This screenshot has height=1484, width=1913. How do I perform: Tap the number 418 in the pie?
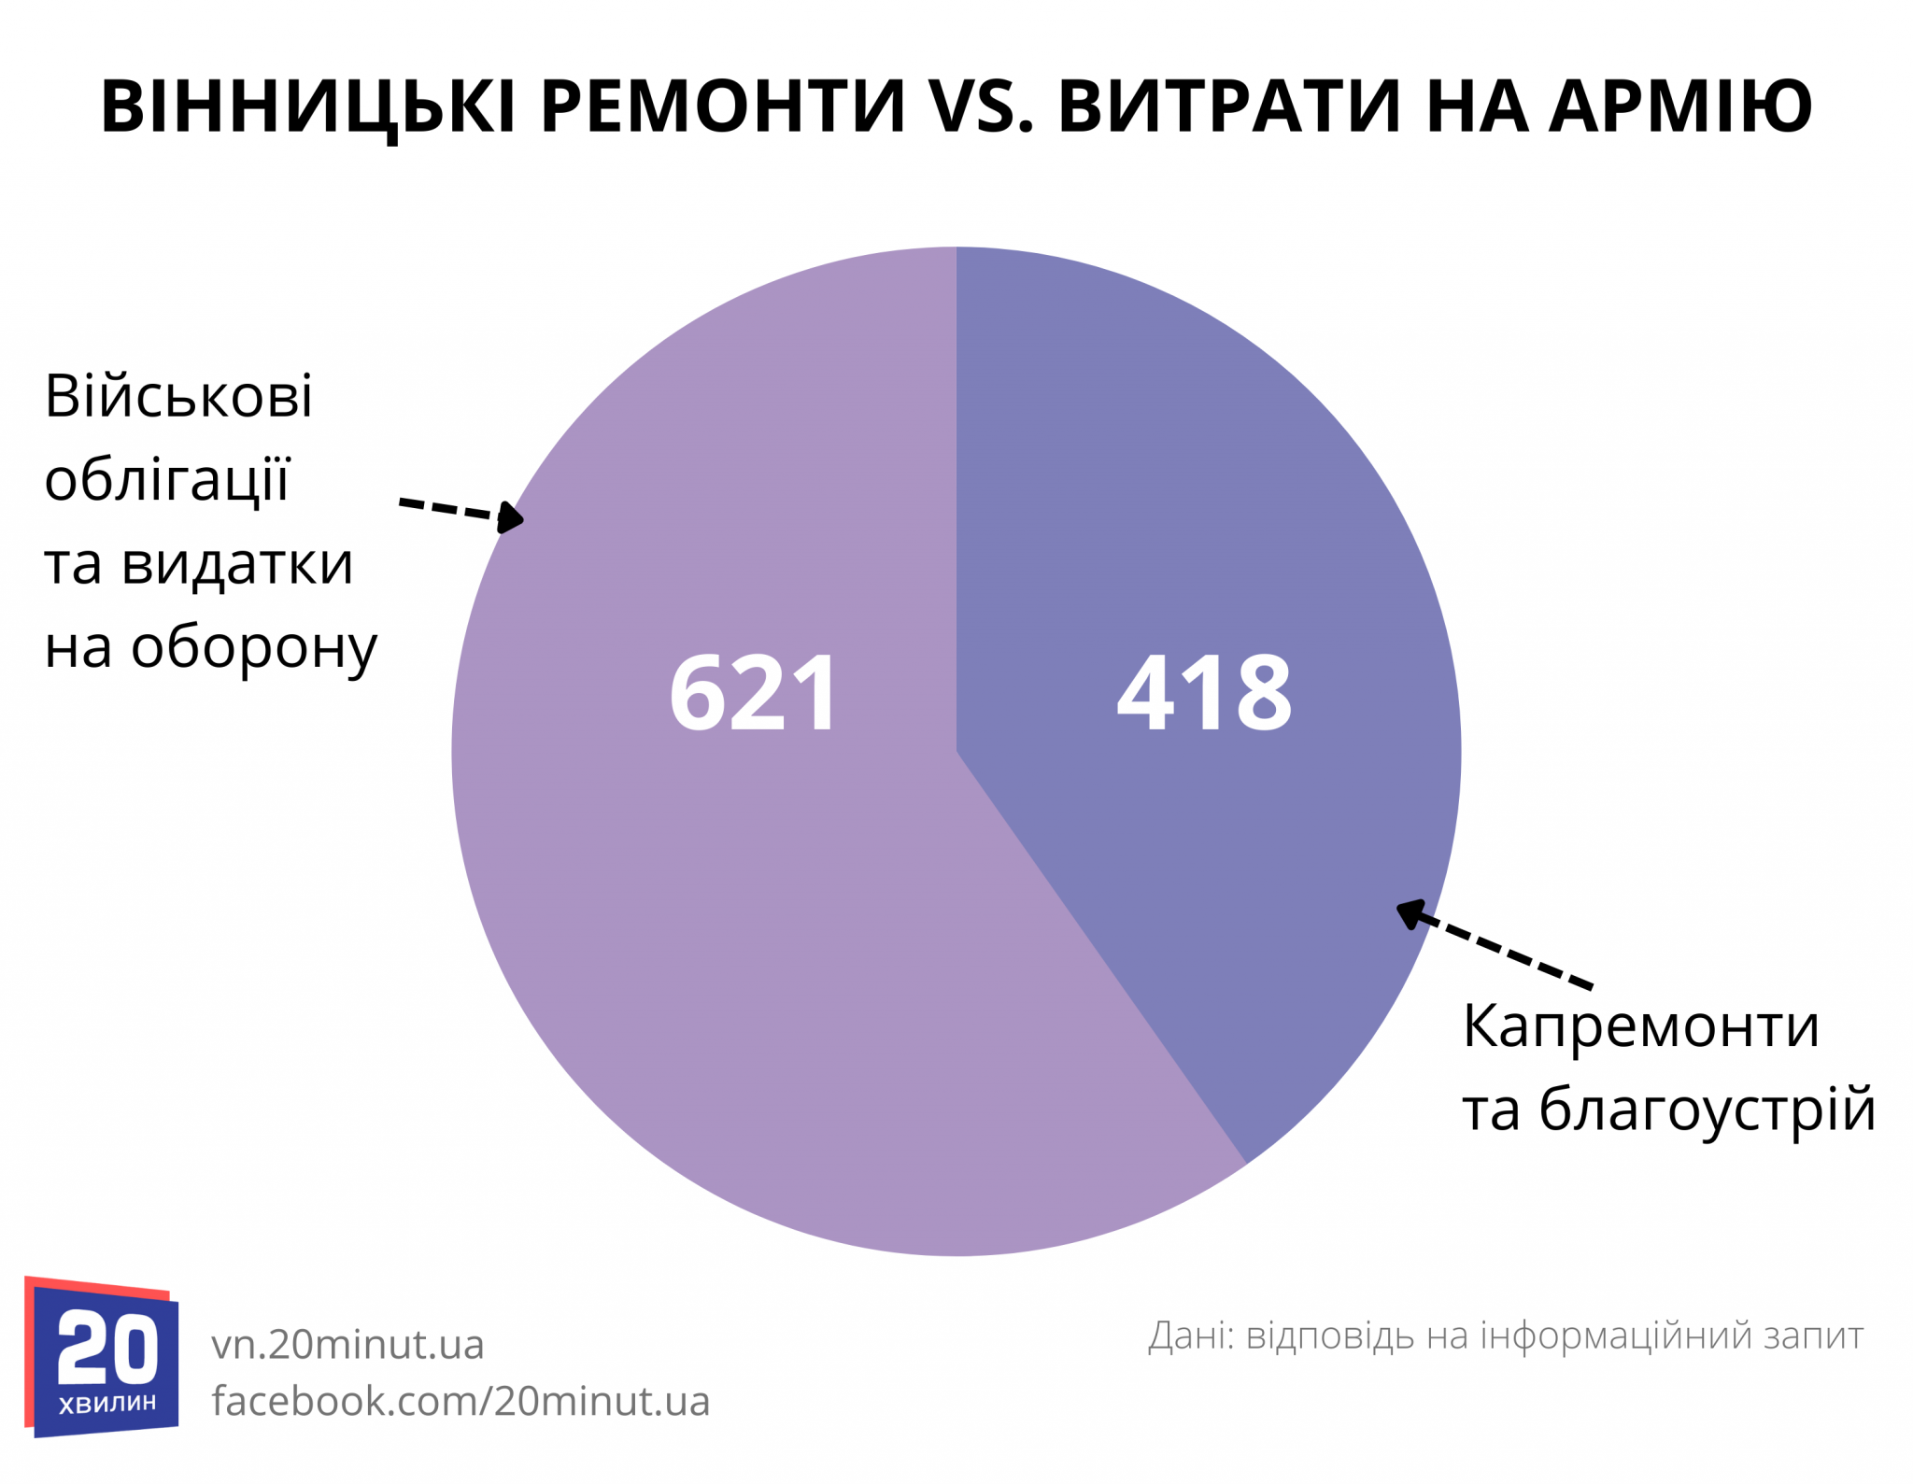[x=1204, y=693]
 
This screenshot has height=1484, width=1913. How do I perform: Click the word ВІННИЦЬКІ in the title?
[x=308, y=106]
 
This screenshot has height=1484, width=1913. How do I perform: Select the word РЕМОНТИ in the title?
[x=723, y=106]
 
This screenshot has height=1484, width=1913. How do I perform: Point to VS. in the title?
[x=981, y=106]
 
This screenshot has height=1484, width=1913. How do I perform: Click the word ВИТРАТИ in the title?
[x=1229, y=106]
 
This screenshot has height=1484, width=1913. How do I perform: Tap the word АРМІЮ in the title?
[x=1680, y=106]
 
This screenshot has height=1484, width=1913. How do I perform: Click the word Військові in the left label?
[x=178, y=396]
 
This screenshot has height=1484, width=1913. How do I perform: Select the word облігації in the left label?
[x=168, y=480]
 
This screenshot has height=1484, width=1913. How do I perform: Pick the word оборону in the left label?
[x=254, y=648]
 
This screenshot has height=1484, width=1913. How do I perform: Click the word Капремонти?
[x=1640, y=1026]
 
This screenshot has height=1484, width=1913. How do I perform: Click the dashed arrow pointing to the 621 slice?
[x=461, y=512]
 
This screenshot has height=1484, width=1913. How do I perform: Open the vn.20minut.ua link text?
[x=347, y=1345]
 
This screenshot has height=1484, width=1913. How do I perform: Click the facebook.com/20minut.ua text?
[x=461, y=1401]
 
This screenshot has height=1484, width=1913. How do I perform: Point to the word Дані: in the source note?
[x=1191, y=1336]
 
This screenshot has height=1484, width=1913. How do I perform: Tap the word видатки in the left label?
[x=237, y=564]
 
